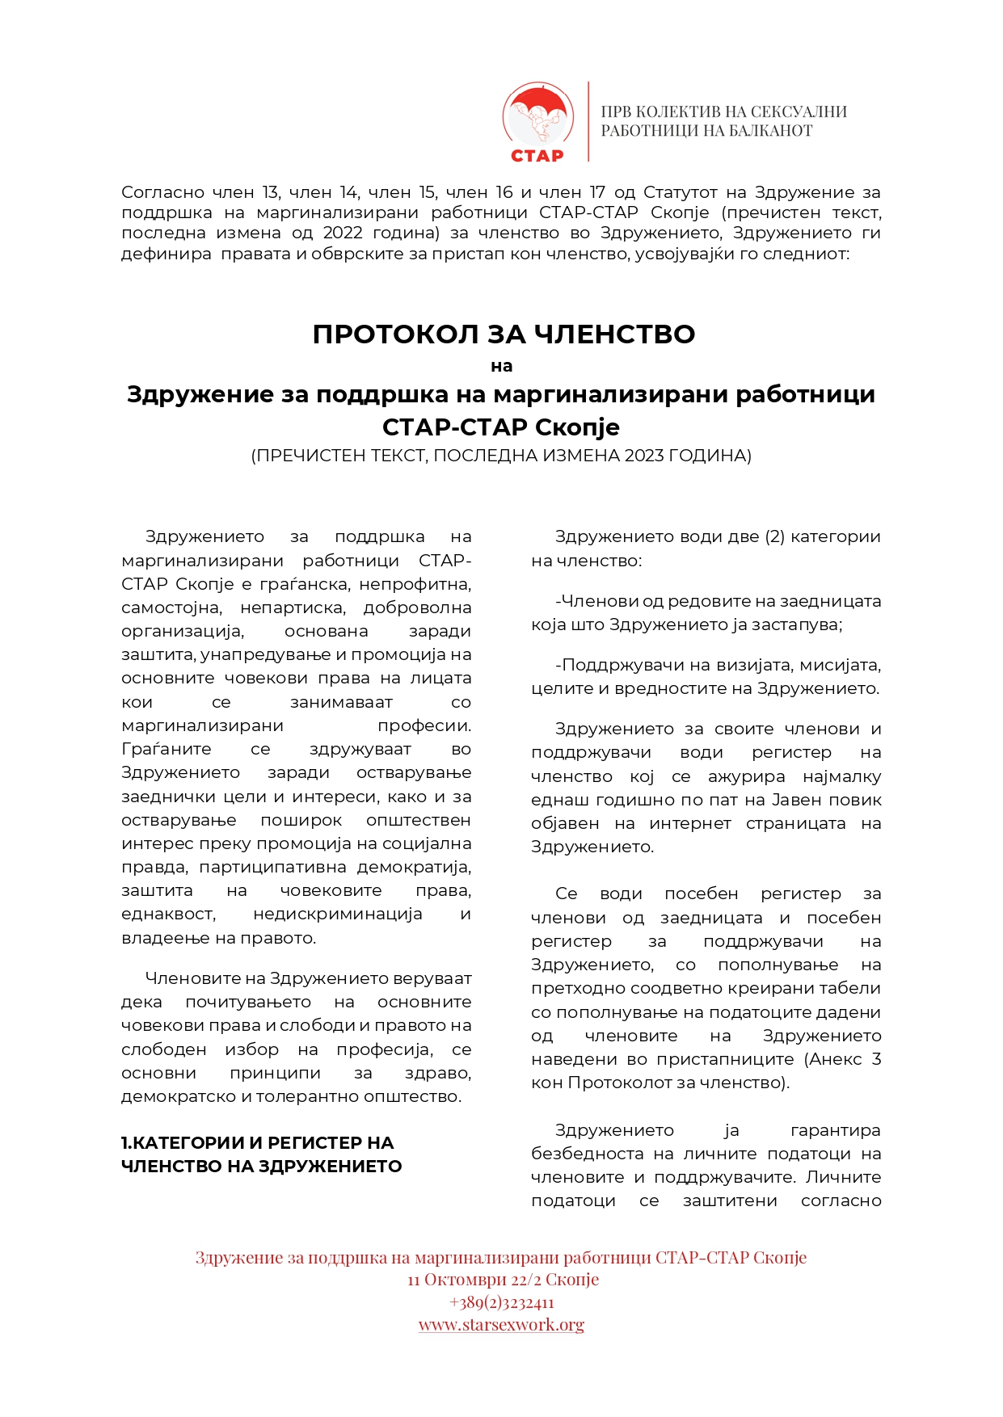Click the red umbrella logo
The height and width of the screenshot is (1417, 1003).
pyautogui.click(x=537, y=113)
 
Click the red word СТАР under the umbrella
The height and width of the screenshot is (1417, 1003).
pyautogui.click(x=537, y=154)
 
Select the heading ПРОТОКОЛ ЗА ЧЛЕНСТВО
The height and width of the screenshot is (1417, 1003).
pyautogui.click(x=504, y=334)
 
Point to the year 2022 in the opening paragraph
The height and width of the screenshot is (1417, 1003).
pyautogui.click(x=348, y=233)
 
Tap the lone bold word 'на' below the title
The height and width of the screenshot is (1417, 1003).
pyautogui.click(x=501, y=366)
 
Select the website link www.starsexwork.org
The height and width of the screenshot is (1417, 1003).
pyautogui.click(x=501, y=1324)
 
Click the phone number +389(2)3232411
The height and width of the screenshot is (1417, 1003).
pyautogui.click(x=501, y=1302)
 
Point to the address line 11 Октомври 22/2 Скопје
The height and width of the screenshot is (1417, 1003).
pyautogui.click(x=503, y=1280)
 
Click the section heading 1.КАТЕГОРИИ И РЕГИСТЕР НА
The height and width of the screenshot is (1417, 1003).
pyautogui.click(x=257, y=1142)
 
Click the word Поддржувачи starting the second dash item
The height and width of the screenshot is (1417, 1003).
pyautogui.click(x=620, y=665)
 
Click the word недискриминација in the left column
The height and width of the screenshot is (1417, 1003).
pyautogui.click(x=338, y=914)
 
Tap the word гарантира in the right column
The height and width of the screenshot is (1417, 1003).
pyautogui.click(x=835, y=1130)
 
